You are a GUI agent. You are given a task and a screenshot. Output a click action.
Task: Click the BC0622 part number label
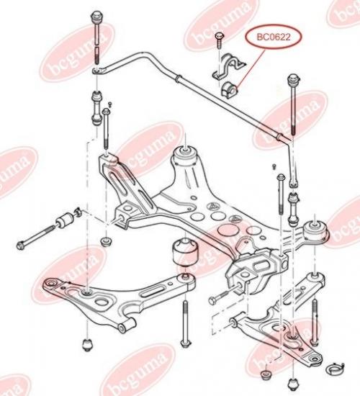tap(274, 37)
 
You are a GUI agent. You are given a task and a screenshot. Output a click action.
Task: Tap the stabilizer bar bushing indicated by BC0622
tap(229, 89)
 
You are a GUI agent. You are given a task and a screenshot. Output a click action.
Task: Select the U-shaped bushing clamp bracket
tap(228, 66)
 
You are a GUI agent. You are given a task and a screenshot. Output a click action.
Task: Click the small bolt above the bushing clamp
tap(219, 40)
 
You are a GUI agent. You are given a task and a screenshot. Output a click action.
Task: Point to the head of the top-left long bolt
tap(96, 17)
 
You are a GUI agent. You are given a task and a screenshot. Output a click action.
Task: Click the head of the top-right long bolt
tap(293, 79)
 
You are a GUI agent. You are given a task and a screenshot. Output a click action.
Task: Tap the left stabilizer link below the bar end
tap(96, 108)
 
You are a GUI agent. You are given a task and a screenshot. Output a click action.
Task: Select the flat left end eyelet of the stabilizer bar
tap(98, 71)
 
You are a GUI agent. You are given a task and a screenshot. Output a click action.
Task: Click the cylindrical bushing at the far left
tap(64, 218)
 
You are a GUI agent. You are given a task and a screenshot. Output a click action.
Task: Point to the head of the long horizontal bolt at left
tap(21, 245)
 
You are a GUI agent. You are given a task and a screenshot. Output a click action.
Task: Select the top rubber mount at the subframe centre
tap(186, 156)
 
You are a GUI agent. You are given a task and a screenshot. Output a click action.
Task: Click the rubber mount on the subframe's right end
tap(315, 230)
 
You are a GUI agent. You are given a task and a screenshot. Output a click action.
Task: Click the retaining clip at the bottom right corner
tap(335, 369)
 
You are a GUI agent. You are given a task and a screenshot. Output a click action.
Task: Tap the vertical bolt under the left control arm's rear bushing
tap(186, 324)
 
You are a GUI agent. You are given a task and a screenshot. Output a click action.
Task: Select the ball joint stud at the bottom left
tap(87, 345)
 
